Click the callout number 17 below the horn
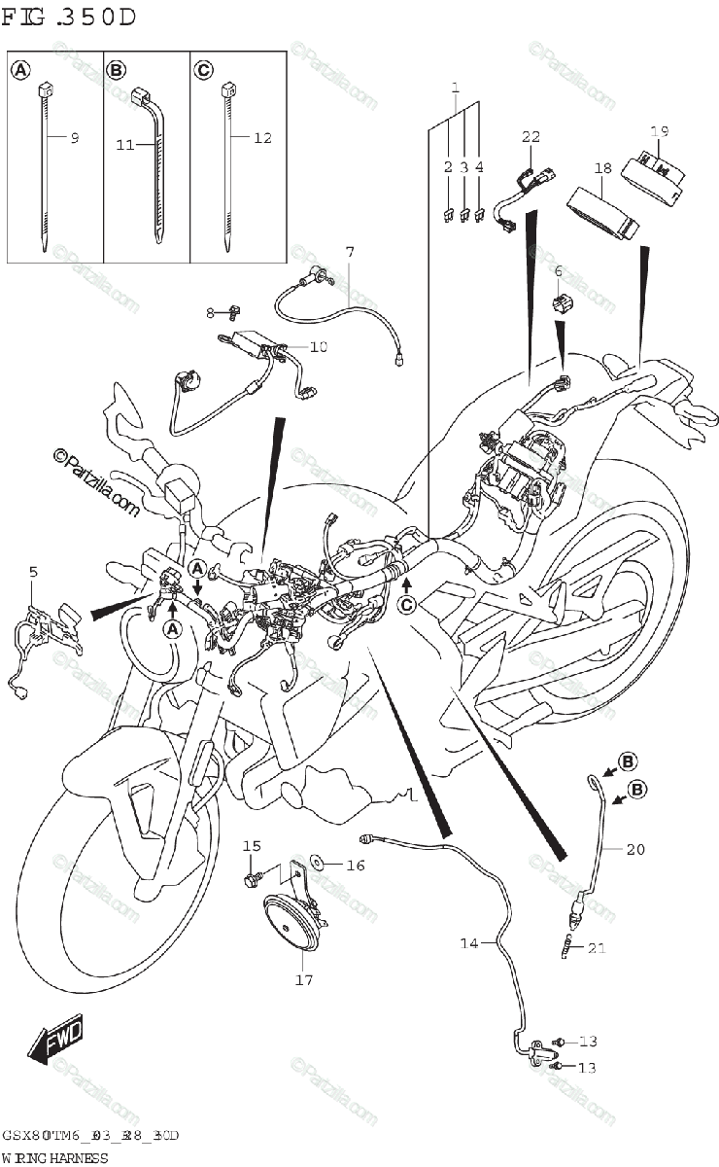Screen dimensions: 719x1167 pyautogui.click(x=304, y=979)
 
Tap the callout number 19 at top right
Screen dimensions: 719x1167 pyautogui.click(x=660, y=131)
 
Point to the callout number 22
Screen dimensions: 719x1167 pyautogui.click(x=531, y=136)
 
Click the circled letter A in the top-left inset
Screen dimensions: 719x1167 pyautogui.click(x=19, y=69)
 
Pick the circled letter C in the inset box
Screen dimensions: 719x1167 pyautogui.click(x=203, y=69)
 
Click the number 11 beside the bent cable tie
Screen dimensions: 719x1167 pyautogui.click(x=124, y=145)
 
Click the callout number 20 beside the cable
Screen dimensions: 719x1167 pyautogui.click(x=635, y=849)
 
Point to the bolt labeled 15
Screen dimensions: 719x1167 pyautogui.click(x=251, y=879)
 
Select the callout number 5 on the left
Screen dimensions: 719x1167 pyautogui.click(x=33, y=572)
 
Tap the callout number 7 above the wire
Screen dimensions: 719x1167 pyautogui.click(x=349, y=252)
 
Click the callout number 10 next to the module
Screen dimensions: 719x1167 pyautogui.click(x=320, y=346)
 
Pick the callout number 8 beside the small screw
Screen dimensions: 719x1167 pyautogui.click(x=209, y=312)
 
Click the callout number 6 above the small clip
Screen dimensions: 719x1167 pyautogui.click(x=558, y=271)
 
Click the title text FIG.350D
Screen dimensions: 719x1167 pyautogui.click(x=68, y=18)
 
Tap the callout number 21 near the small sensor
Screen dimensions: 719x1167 pyautogui.click(x=597, y=948)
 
